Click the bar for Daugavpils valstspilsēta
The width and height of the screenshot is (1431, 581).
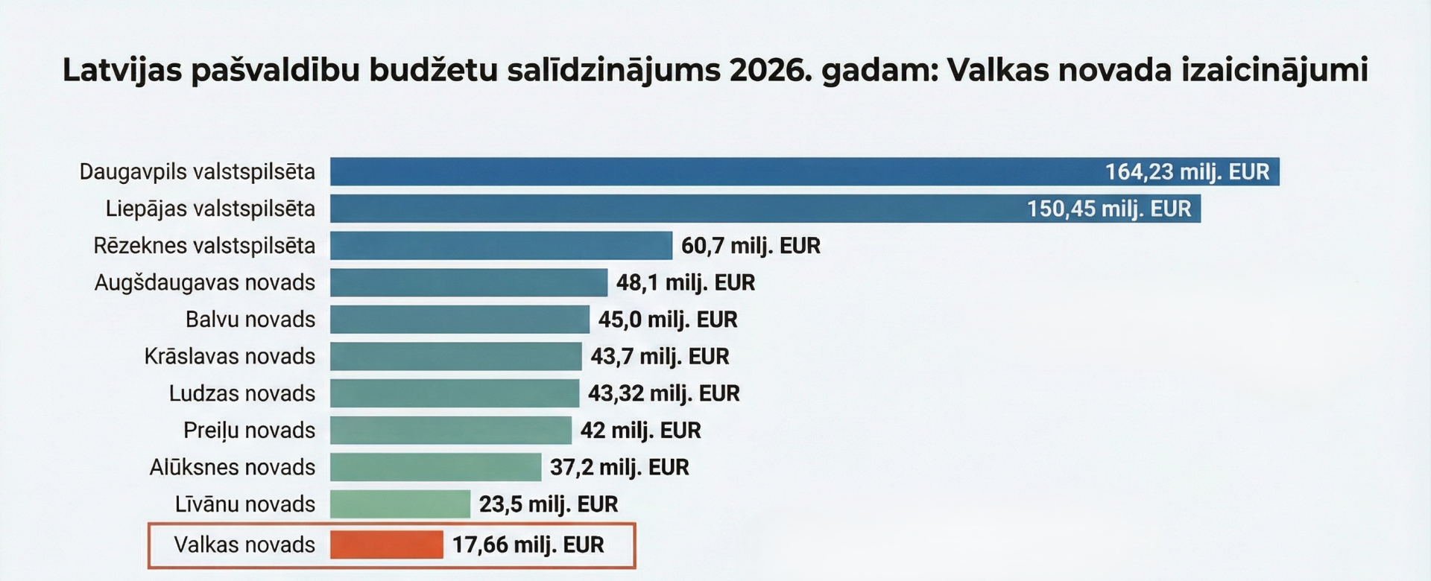715,172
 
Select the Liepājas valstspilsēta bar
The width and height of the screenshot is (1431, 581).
671,209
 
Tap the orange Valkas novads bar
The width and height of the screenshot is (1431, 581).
387,545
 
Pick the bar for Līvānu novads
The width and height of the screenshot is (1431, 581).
400,504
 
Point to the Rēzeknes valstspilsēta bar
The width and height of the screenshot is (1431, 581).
501,246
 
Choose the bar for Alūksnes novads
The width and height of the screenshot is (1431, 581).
435,467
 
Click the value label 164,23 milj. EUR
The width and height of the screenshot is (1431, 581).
1187,172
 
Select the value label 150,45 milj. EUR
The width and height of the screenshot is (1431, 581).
1109,209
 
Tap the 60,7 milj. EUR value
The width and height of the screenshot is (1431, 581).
751,246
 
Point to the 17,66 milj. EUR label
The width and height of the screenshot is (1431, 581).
528,545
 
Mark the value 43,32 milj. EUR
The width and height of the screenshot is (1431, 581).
663,393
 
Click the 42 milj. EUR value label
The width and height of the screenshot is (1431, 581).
640,431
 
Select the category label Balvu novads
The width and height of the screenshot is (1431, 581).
250,320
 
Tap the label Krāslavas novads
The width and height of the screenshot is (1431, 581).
230,357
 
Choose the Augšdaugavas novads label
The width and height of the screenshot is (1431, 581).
205,283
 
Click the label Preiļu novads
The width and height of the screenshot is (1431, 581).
249,431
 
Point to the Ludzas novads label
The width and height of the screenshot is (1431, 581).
242,393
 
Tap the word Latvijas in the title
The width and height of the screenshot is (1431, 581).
122,71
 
